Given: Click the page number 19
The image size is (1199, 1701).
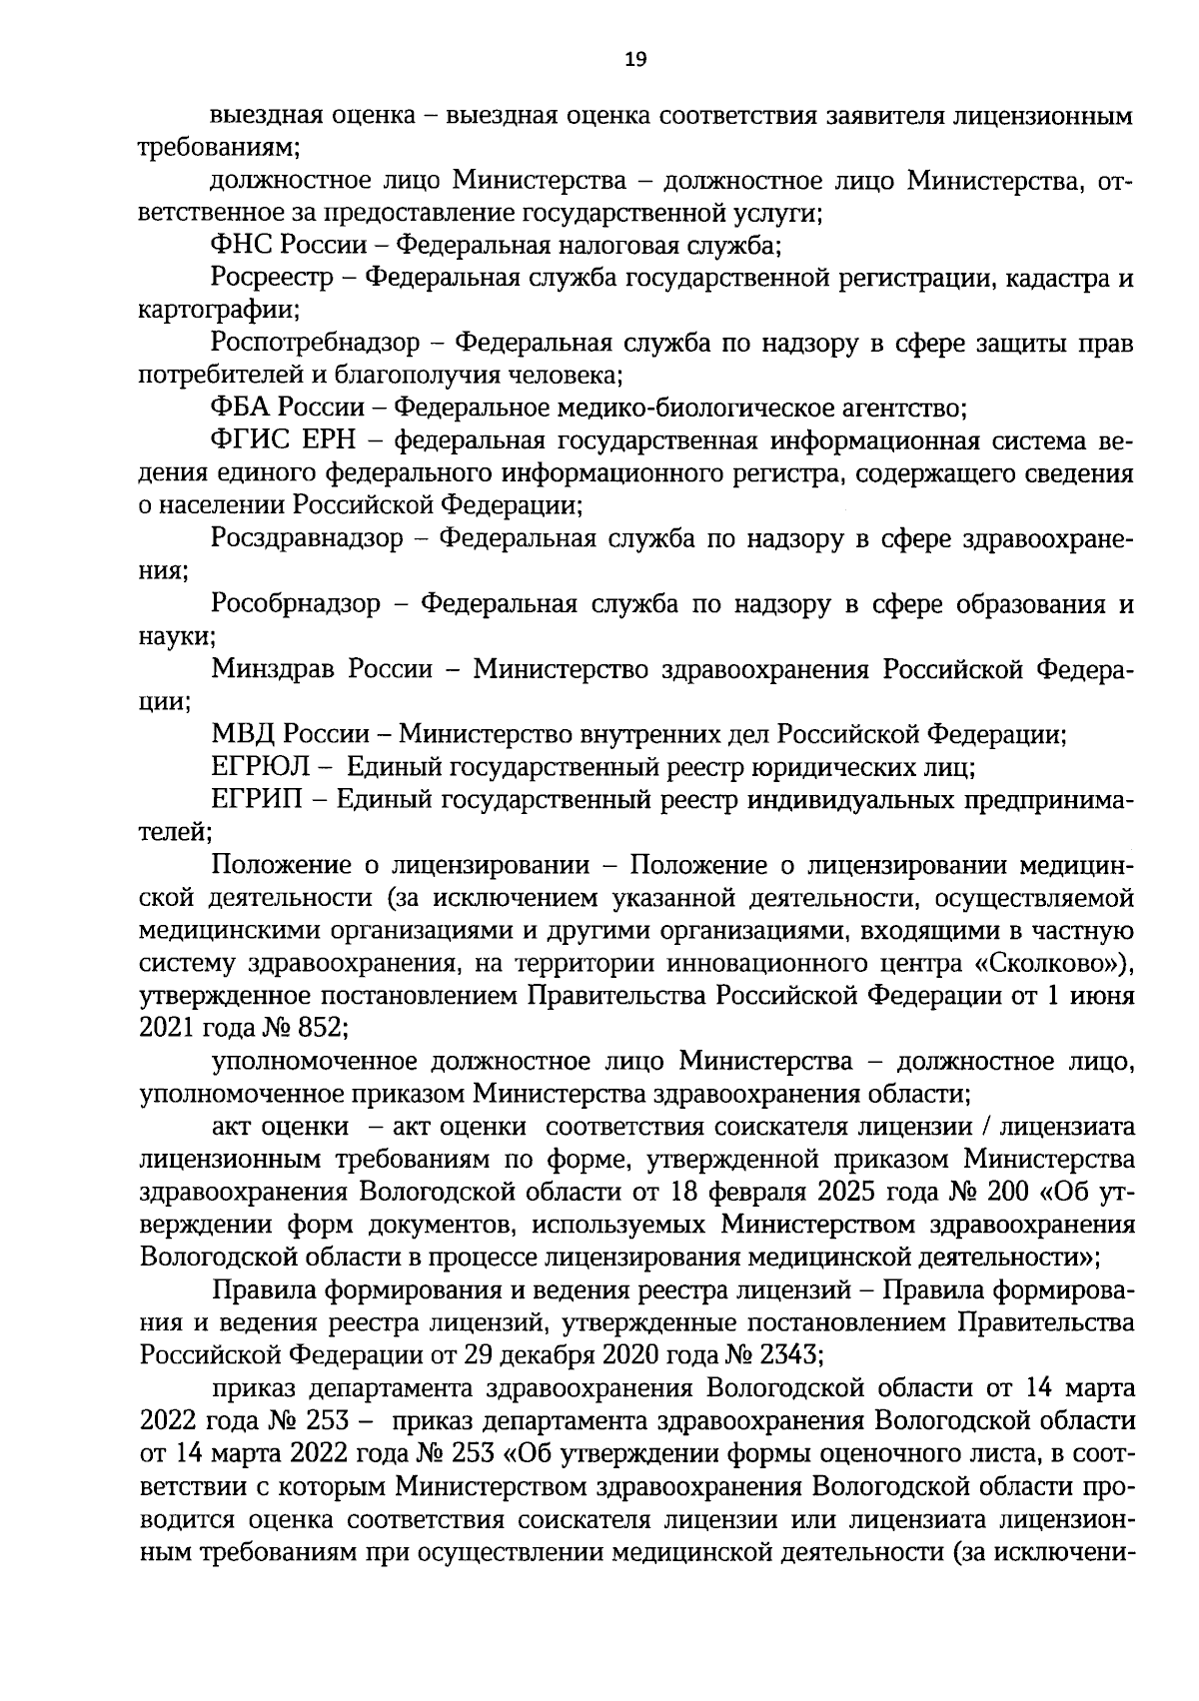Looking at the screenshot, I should [635, 60].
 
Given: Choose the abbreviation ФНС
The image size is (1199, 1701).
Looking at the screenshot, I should [242, 245].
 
